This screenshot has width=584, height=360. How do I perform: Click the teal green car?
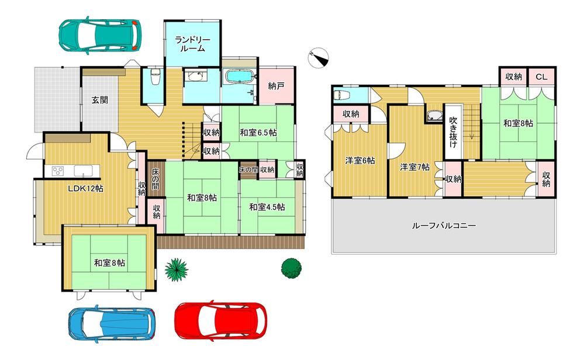[99, 35]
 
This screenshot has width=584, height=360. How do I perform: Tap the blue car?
[112, 323]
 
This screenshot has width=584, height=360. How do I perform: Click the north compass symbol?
[319, 58]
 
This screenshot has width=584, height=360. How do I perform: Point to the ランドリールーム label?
[192, 44]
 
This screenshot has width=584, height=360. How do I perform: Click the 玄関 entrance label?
[100, 100]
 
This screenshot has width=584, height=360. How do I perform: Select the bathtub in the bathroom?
[240, 77]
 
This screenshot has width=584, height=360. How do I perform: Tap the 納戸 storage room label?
[276, 86]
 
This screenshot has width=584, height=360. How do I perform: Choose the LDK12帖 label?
[85, 188]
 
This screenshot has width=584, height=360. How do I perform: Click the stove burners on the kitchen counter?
[58, 171]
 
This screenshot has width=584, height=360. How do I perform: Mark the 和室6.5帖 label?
[258, 132]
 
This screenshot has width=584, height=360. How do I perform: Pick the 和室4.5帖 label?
[267, 207]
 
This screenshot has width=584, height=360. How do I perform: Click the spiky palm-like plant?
[176, 269]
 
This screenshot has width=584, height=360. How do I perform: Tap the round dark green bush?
[292, 267]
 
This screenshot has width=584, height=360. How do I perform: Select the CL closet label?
[541, 77]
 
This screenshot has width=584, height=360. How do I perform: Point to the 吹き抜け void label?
[453, 132]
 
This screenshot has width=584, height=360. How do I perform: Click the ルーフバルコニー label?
[444, 225]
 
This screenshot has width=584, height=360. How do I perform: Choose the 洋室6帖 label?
[360, 161]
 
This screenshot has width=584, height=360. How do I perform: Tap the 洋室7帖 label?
[415, 167]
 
